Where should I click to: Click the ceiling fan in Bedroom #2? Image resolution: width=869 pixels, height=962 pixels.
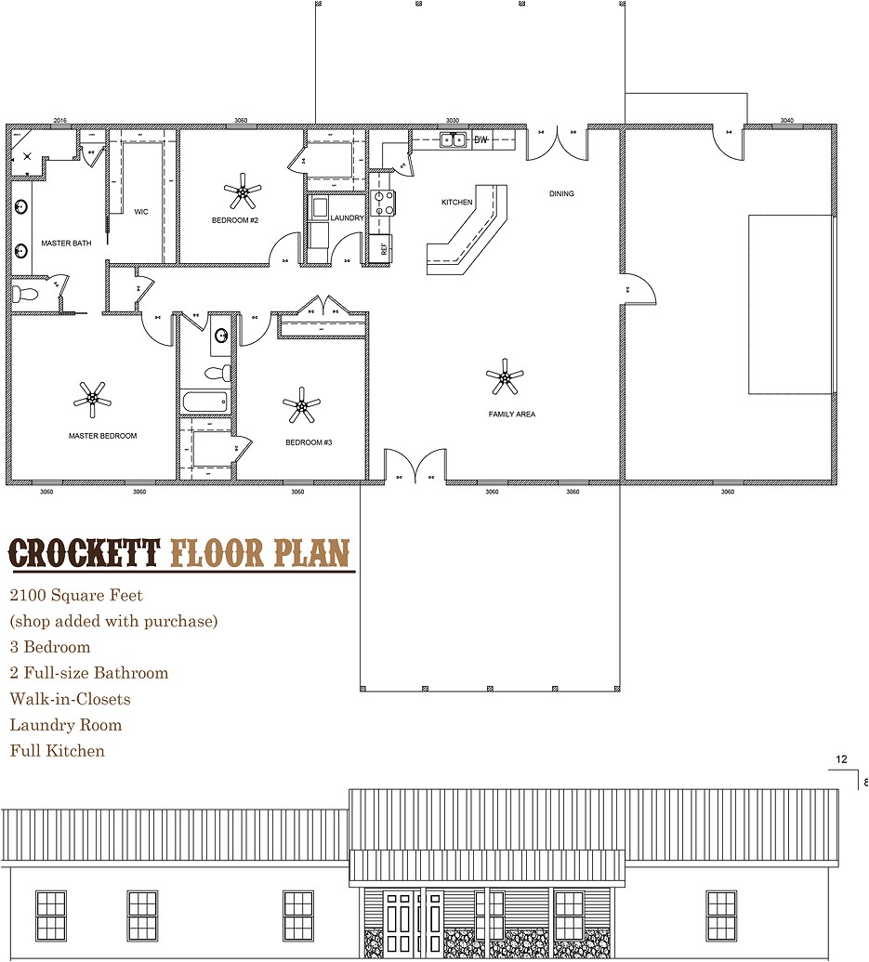pyautogui.click(x=243, y=191)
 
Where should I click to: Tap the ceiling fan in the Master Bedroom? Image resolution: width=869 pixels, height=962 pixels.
pyautogui.click(x=92, y=398)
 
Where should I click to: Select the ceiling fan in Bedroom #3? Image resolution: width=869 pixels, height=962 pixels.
pyautogui.click(x=301, y=404)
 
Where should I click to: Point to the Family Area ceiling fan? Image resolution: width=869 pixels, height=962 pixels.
pyautogui.click(x=505, y=376)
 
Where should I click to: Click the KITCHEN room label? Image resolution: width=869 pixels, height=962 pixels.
pyautogui.click(x=456, y=202)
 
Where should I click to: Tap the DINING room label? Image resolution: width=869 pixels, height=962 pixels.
pyautogui.click(x=561, y=194)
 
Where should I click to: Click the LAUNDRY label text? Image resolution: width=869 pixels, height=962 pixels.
pyautogui.click(x=347, y=217)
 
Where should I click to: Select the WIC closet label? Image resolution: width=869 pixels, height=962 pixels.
pyautogui.click(x=141, y=212)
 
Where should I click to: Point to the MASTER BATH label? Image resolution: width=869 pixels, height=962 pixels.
pyautogui.click(x=66, y=244)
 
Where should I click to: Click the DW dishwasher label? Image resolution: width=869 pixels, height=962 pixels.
pyautogui.click(x=481, y=140)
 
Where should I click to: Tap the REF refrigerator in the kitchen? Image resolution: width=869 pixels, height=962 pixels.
pyautogui.click(x=380, y=248)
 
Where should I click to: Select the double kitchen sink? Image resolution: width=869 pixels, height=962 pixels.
pyautogui.click(x=454, y=140)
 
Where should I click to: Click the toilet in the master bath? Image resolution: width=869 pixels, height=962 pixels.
pyautogui.click(x=24, y=294)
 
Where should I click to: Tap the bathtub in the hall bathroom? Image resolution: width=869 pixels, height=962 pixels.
pyautogui.click(x=204, y=402)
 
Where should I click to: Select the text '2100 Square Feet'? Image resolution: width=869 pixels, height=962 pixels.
pyautogui.click(x=76, y=595)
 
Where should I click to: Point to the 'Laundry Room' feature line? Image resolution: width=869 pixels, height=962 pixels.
pyautogui.click(x=66, y=725)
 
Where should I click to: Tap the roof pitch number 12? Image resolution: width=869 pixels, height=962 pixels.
pyautogui.click(x=841, y=760)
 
